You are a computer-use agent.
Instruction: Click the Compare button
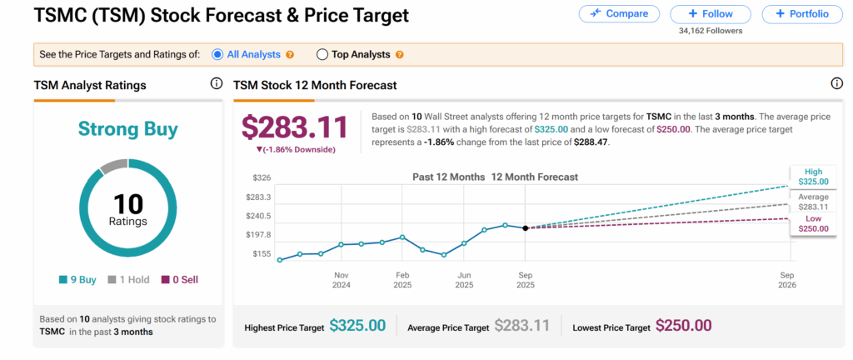point(618,13)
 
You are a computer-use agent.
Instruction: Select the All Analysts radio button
point(217,54)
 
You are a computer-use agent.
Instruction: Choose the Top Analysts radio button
point(322,54)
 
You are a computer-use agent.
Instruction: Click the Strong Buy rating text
point(128,129)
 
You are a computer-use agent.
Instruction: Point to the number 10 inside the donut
point(128,203)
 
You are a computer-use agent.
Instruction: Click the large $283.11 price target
point(294,127)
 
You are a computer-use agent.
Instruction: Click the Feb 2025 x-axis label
point(402,279)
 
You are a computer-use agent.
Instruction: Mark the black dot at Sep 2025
point(526,227)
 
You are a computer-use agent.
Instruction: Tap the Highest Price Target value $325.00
point(357,326)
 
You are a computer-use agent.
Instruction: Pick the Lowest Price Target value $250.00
point(683,326)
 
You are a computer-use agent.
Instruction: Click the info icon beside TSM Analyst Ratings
point(217,83)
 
